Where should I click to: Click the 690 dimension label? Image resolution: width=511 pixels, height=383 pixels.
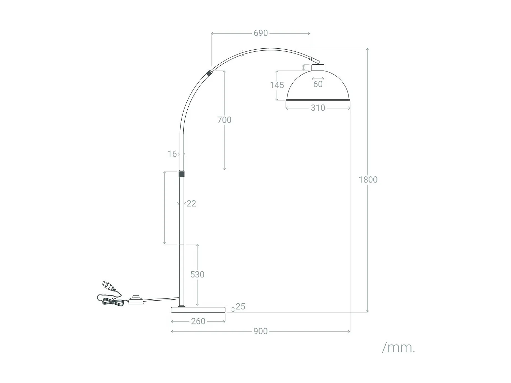261,33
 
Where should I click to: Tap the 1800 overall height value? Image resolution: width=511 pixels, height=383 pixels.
368,180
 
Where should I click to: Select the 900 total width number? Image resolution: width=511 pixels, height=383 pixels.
260,331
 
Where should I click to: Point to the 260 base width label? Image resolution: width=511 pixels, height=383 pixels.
198,321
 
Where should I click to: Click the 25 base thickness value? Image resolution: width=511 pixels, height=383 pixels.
240,306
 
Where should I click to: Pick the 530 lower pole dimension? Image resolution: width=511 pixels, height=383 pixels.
197,274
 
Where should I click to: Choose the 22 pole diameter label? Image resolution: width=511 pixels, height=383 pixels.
191,204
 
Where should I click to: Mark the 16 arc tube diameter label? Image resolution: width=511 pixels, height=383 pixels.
172,154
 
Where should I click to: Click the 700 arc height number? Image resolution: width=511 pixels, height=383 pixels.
224,120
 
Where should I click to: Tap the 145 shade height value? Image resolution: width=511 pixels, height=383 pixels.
277,85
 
